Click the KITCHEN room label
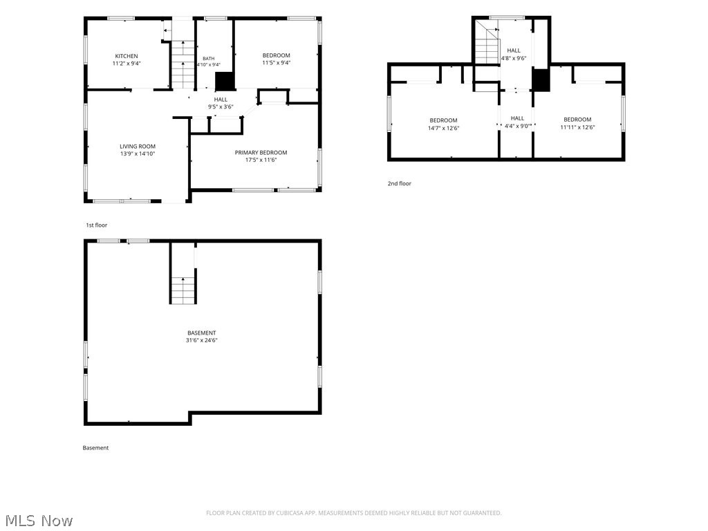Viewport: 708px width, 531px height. point(127,56)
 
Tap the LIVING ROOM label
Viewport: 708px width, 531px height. point(138,147)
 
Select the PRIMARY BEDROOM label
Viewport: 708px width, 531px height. point(261,153)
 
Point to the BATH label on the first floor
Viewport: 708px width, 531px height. point(209,59)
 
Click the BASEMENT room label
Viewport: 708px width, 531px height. point(202,333)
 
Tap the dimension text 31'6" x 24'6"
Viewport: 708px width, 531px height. point(202,340)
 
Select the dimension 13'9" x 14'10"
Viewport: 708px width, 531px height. point(138,153)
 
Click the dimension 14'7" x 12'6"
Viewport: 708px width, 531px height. point(443,128)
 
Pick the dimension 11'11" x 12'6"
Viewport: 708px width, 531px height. point(577,127)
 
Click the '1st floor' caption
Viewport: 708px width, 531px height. point(97,225)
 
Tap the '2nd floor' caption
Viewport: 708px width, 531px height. point(400,183)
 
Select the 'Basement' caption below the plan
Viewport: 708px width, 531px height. point(95,448)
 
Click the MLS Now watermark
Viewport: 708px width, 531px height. point(39,521)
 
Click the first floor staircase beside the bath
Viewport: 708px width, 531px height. point(183,64)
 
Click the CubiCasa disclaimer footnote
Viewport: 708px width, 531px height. point(353,513)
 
